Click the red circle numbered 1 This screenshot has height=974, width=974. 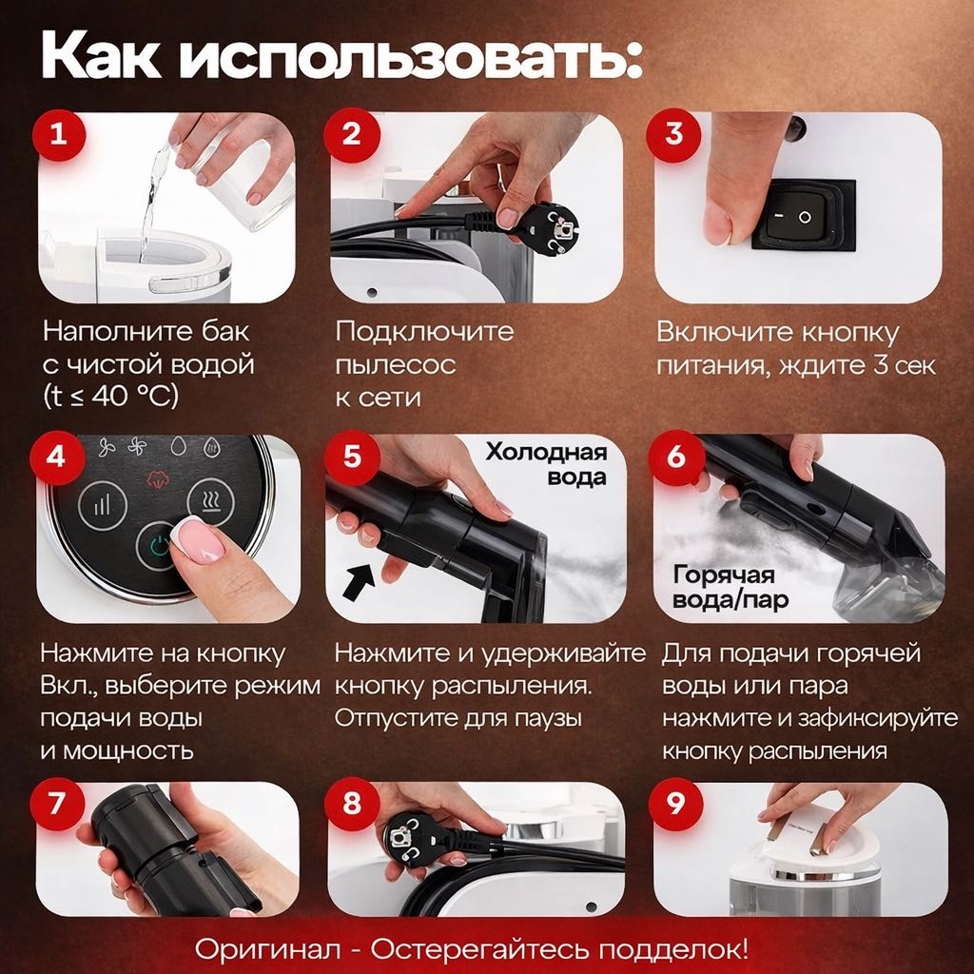[x=58, y=133]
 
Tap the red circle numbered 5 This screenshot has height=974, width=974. [x=352, y=457]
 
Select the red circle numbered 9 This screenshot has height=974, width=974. [x=675, y=804]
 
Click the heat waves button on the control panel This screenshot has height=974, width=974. [x=210, y=501]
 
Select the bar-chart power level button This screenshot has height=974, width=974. [x=103, y=506]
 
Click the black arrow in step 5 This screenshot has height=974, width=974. [x=359, y=582]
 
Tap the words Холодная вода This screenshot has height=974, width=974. [x=546, y=464]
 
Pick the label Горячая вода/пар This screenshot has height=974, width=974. [x=730, y=587]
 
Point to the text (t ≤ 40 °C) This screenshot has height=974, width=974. [x=110, y=396]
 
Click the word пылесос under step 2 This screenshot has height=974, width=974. [x=395, y=365]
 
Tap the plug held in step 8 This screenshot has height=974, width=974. [x=411, y=837]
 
